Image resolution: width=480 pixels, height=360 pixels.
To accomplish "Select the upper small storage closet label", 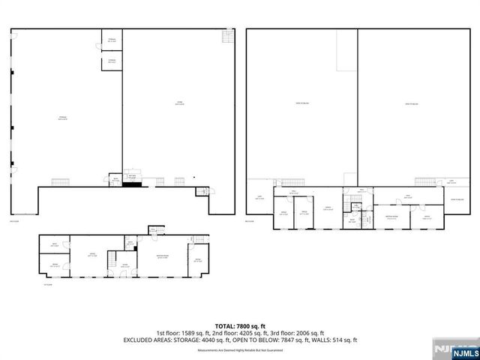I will pos(112,39).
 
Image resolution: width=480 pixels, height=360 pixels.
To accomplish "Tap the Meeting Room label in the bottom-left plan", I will pos(163,257).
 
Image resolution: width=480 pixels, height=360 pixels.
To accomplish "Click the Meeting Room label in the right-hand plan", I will pos(391,216).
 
